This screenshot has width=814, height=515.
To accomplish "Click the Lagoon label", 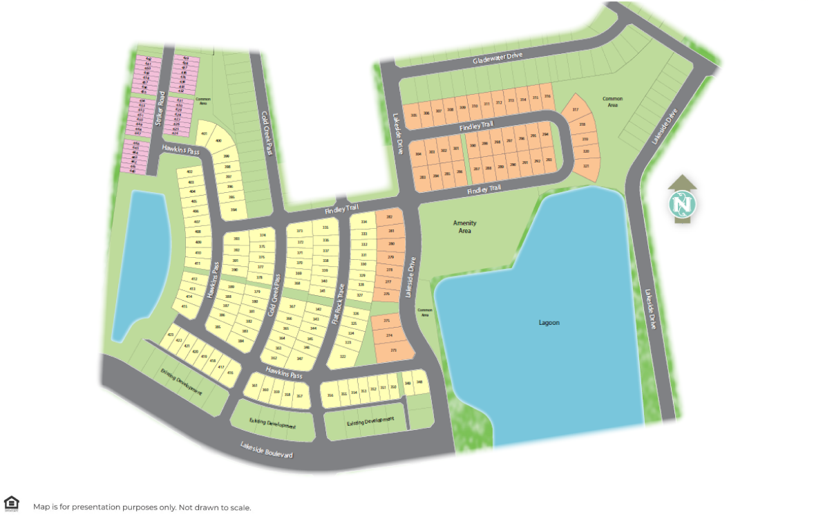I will [x=549, y=323].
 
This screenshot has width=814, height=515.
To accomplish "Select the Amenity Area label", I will [x=464, y=227].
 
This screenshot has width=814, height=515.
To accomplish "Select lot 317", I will [x=575, y=110].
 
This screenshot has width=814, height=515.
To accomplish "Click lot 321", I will [x=586, y=166].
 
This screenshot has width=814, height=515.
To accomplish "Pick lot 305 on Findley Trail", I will [x=414, y=115].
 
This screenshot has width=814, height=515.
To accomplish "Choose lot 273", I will [x=394, y=350].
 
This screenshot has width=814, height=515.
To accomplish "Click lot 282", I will [x=390, y=218].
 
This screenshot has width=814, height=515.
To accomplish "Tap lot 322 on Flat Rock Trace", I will [x=342, y=357].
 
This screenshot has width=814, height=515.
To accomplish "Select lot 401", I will [x=204, y=133].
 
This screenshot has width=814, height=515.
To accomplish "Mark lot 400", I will [x=219, y=141].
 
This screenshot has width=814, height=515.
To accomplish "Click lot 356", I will [x=330, y=395].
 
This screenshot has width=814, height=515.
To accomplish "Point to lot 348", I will [x=419, y=382].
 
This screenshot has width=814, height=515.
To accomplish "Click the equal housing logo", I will [x=11, y=503].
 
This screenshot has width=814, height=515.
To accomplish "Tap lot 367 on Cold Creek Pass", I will [x=292, y=306].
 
